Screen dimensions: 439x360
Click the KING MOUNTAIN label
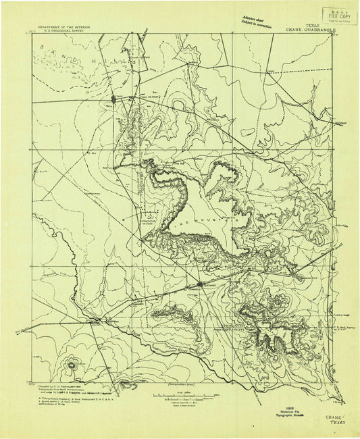209,221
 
